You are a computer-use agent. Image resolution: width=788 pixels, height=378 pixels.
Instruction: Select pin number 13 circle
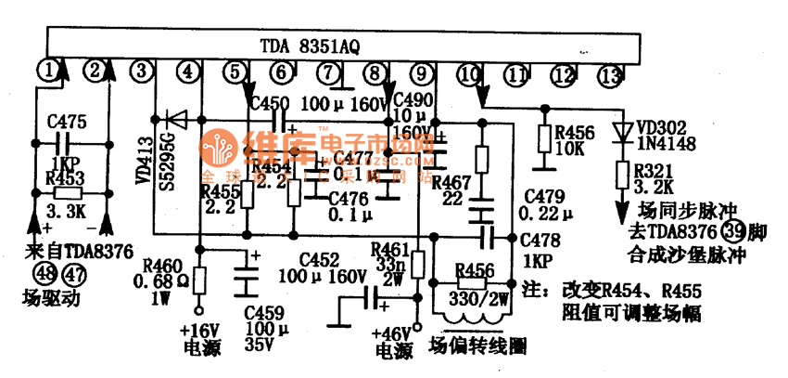click(x=608, y=74)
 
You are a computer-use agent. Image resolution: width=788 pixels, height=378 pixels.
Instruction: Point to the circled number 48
click(x=43, y=272)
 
